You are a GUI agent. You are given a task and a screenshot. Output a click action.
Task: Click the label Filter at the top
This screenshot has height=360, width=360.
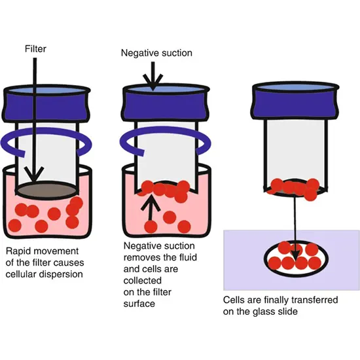[36, 49]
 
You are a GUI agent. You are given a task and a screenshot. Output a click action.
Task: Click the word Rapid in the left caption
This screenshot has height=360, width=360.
[18, 251]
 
